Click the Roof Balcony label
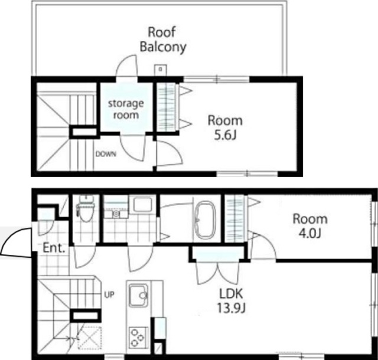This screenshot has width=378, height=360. pyautogui.click(x=163, y=40)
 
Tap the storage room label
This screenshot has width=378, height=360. pyautogui.click(x=126, y=109)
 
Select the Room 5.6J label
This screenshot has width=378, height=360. pyautogui.click(x=225, y=127)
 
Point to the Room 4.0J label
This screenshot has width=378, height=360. pyautogui.click(x=310, y=226)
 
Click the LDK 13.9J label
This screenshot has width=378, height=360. pyautogui.click(x=231, y=300)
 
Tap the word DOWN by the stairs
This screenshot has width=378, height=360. pyautogui.click(x=106, y=154)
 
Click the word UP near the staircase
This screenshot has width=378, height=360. pyautogui.click(x=109, y=294)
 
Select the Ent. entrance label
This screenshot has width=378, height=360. pyautogui.click(x=54, y=248)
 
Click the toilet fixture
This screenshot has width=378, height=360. pyautogui.click(x=86, y=209)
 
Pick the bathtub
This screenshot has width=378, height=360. pyautogui.click(x=205, y=220)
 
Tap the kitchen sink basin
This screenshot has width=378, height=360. pyautogui.click(x=139, y=295)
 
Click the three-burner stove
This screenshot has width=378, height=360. pyautogui.click(x=138, y=338)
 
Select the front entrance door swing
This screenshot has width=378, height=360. pyautogui.click(x=16, y=242)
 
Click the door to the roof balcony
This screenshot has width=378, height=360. pyautogui.click(x=127, y=66)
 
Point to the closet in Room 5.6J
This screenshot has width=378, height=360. pyautogui.click(x=167, y=107)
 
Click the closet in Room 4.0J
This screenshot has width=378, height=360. pyautogui.click(x=234, y=218)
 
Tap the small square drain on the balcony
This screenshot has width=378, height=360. pyautogui.click(x=160, y=70)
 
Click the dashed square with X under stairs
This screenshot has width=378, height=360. pyautogui.click(x=89, y=338)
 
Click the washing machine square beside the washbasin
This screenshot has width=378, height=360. pyautogui.click(x=143, y=204)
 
